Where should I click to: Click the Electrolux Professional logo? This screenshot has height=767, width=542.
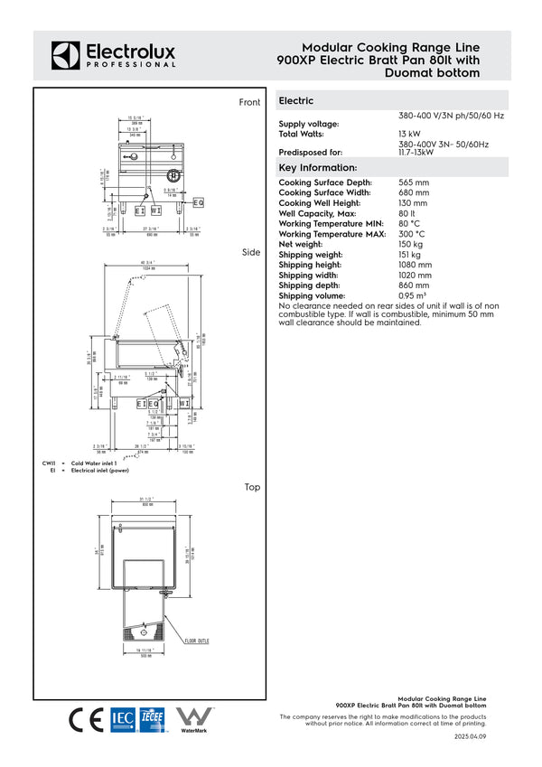[113, 55]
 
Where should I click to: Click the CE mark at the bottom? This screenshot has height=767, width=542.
[87, 719]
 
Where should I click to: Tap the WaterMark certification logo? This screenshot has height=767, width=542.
[194, 718]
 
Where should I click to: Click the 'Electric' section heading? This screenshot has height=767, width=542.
[297, 101]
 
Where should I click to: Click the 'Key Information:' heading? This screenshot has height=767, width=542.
[318, 168]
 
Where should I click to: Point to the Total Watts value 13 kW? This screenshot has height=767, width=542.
[410, 134]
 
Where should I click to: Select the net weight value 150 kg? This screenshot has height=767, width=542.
[412, 244]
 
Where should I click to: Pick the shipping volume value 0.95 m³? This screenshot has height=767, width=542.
[413, 295]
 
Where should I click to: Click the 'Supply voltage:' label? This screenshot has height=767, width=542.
[309, 124]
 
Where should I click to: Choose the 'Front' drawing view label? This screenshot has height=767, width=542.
[249, 102]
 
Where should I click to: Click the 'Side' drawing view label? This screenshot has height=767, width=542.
[251, 253]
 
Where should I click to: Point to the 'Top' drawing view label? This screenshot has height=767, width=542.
[252, 487]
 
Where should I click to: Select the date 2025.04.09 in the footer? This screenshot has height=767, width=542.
[470, 737]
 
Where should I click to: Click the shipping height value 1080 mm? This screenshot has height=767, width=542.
[416, 266]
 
